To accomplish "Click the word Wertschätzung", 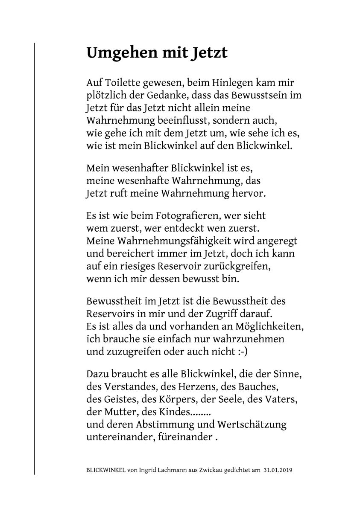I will click(252, 425).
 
